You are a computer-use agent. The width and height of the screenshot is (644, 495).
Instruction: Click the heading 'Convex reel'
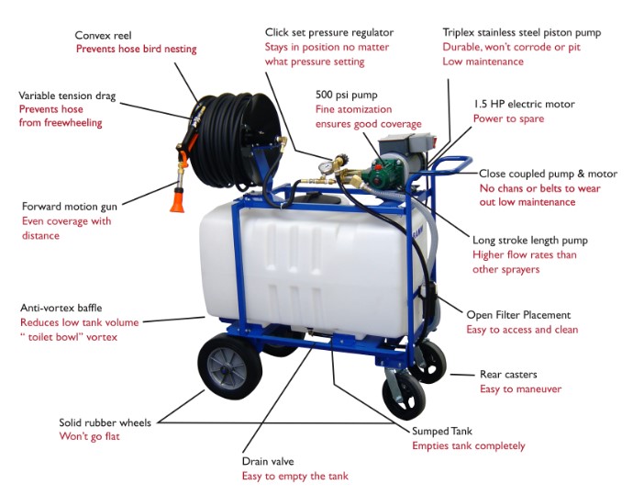tap(106, 35)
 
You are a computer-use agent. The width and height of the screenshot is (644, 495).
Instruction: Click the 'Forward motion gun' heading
tap(69, 207)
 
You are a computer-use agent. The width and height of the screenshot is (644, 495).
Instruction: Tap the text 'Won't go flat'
tap(89, 436)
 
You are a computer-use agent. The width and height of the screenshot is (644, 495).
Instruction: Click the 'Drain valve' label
tap(268, 461)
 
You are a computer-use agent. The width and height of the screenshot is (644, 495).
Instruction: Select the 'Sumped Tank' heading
tap(443, 431)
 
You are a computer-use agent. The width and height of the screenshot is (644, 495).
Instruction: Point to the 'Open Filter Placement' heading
tap(518, 315)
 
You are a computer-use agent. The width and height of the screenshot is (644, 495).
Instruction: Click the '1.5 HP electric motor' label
tap(524, 104)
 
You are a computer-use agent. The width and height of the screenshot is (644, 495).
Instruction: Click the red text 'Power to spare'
tap(508, 118)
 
